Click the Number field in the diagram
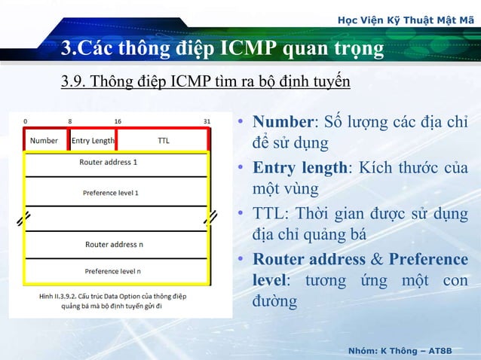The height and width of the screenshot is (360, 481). click(44, 140)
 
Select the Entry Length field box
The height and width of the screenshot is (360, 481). click(93, 140)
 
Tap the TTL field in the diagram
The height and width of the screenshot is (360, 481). click(163, 140)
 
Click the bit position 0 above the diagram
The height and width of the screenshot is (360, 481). click(25, 121)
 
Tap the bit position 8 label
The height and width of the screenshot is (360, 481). click(70, 121)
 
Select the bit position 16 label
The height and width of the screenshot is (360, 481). click(118, 121)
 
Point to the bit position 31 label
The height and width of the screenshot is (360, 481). click(207, 121)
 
